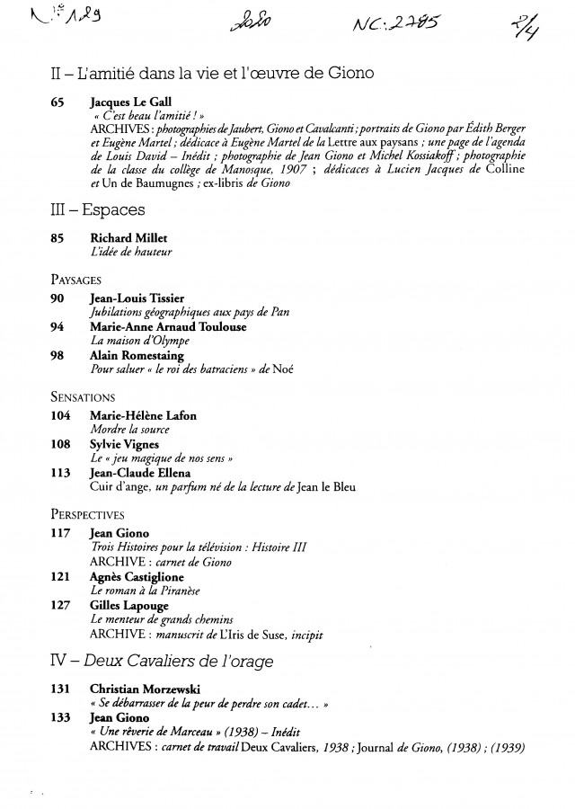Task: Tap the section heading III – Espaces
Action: (x=98, y=211)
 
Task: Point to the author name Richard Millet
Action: (x=129, y=238)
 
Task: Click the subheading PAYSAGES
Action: (x=75, y=280)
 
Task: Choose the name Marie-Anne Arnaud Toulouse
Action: (x=168, y=327)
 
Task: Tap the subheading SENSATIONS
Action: (x=83, y=396)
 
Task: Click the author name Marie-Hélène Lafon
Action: (x=144, y=415)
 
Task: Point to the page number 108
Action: (x=59, y=444)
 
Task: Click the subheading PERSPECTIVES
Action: (x=87, y=515)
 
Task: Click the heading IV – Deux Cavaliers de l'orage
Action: (x=162, y=661)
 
